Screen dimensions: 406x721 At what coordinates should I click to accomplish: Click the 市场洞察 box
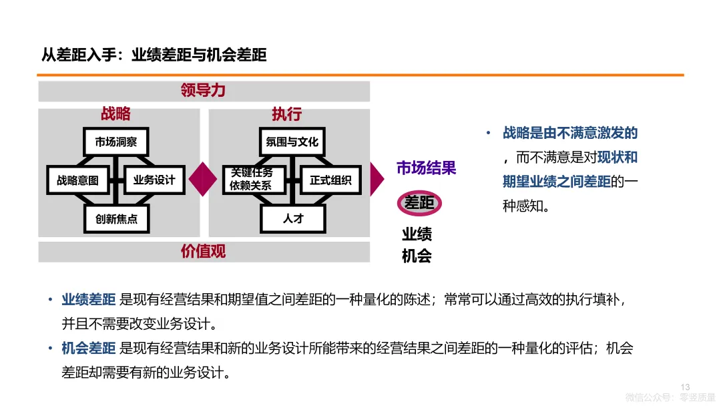pyautogui.click(x=116, y=142)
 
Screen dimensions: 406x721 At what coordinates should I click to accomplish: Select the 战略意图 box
pyautogui.click(x=77, y=180)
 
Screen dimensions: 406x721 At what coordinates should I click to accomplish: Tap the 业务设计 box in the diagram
pyautogui.click(x=154, y=180)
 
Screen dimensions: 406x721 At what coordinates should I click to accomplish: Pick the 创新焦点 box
pyautogui.click(x=116, y=218)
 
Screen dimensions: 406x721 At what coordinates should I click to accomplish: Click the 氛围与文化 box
pyautogui.click(x=292, y=142)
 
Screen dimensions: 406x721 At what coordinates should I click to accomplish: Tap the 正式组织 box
pyautogui.click(x=330, y=180)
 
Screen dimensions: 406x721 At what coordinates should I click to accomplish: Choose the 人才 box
pyautogui.click(x=292, y=218)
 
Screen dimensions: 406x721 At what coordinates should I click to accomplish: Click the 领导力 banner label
pyautogui.click(x=203, y=91)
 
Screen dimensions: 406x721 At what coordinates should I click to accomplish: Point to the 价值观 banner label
pyautogui.click(x=203, y=251)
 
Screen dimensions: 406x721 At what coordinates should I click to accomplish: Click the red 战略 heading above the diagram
pyautogui.click(x=115, y=114)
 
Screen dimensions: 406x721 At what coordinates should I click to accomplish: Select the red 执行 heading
pyautogui.click(x=286, y=114)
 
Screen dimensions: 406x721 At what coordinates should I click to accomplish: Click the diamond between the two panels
pyautogui.click(x=203, y=178)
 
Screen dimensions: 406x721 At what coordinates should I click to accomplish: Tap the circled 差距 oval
pyautogui.click(x=419, y=203)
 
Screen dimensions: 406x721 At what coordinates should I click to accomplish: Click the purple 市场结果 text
pyautogui.click(x=426, y=168)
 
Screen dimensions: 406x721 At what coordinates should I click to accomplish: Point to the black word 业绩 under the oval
pyautogui.click(x=417, y=234)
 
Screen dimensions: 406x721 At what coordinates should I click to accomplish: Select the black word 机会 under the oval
pyautogui.click(x=417, y=255)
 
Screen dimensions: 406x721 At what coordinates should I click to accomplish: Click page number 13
pyautogui.click(x=685, y=387)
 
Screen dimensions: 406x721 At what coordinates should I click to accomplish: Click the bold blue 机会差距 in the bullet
pyautogui.click(x=89, y=348)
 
